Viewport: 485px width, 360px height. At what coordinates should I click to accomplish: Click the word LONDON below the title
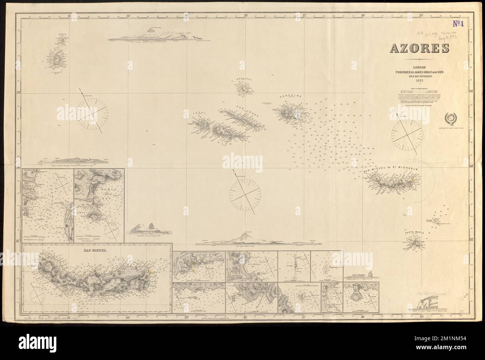(x=419, y=67)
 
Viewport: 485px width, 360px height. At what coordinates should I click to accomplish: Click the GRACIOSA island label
(x=244, y=79)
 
